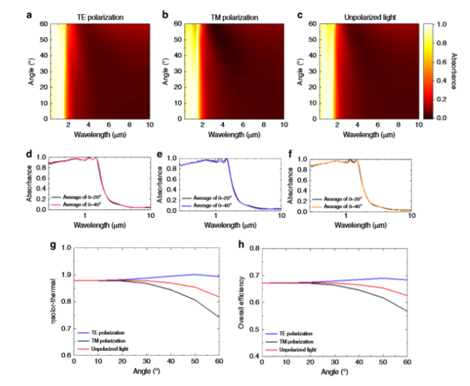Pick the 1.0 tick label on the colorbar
pyautogui.click(x=441, y=24)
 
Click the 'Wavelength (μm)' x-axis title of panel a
pyautogui.click(x=97, y=134)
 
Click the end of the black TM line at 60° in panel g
pyautogui.click(x=219, y=317)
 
